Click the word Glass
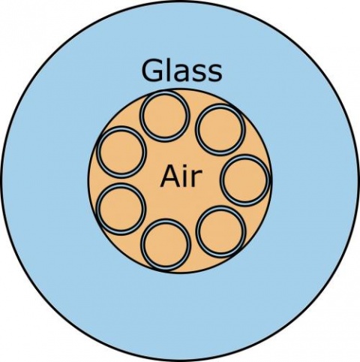pyautogui.click(x=181, y=70)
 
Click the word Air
pyautogui.click(x=181, y=176)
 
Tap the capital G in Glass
pyautogui.click(x=151, y=70)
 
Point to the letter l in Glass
pyautogui.click(x=166, y=70)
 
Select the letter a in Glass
pyautogui.click(x=181, y=73)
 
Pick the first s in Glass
pyautogui.click(x=199, y=73)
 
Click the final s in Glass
pyautogui.click(x=215, y=73)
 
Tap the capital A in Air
pyautogui.click(x=170, y=176)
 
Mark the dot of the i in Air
pyautogui.click(x=186, y=167)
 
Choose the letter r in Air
pyautogui.click(x=197, y=179)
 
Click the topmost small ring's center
pyautogui.click(x=165, y=116)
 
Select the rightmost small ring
pyautogui.click(x=245, y=180)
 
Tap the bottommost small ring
pyautogui.click(x=166, y=245)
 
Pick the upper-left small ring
pyautogui.click(x=121, y=152)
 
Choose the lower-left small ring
pyautogui.click(x=121, y=209)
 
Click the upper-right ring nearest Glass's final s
pyautogui.click(x=220, y=129)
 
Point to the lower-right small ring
pyautogui.click(x=221, y=231)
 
